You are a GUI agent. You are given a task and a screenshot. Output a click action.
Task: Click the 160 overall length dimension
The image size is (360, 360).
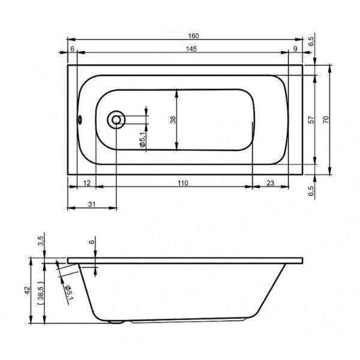[x=193, y=36]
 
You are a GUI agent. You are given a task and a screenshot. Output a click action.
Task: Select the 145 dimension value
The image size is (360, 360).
[x=191, y=49]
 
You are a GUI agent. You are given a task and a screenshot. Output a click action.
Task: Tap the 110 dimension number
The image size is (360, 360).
[x=183, y=183]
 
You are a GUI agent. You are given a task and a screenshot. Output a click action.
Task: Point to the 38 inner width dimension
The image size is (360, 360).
[x=173, y=119]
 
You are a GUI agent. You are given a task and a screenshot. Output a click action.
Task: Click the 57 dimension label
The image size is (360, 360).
[x=311, y=119]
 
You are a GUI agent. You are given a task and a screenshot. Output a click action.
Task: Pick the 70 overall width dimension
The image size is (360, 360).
[x=326, y=119]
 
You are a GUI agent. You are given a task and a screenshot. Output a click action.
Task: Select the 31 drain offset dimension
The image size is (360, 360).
[x=92, y=204]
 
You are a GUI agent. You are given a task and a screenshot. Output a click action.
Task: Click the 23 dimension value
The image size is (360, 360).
[x=271, y=183]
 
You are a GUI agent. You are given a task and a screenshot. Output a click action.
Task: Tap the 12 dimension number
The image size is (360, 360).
[x=86, y=183]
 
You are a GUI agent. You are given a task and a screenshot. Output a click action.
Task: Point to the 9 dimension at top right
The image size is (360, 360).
[x=295, y=49]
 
